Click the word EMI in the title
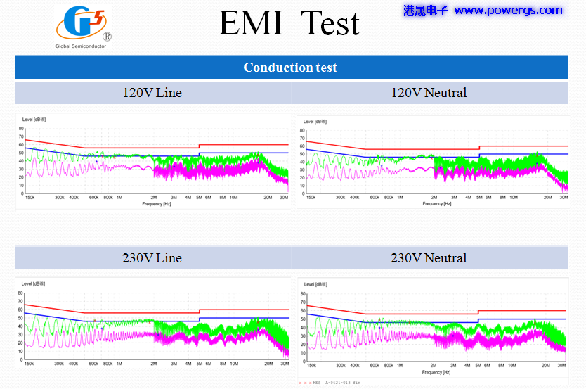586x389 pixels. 249,23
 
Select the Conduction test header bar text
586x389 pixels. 290,68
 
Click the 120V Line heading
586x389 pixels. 152,93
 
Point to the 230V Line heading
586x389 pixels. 152,258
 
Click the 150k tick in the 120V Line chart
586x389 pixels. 30,198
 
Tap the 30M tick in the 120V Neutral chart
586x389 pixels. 564,198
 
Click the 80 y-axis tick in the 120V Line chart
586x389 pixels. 22,129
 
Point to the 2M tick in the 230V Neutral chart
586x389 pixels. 434,366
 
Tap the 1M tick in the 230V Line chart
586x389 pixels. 119,364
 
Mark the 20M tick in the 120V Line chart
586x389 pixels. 268,198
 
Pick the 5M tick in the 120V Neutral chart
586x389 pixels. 479,198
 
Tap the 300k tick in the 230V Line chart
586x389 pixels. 59,364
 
